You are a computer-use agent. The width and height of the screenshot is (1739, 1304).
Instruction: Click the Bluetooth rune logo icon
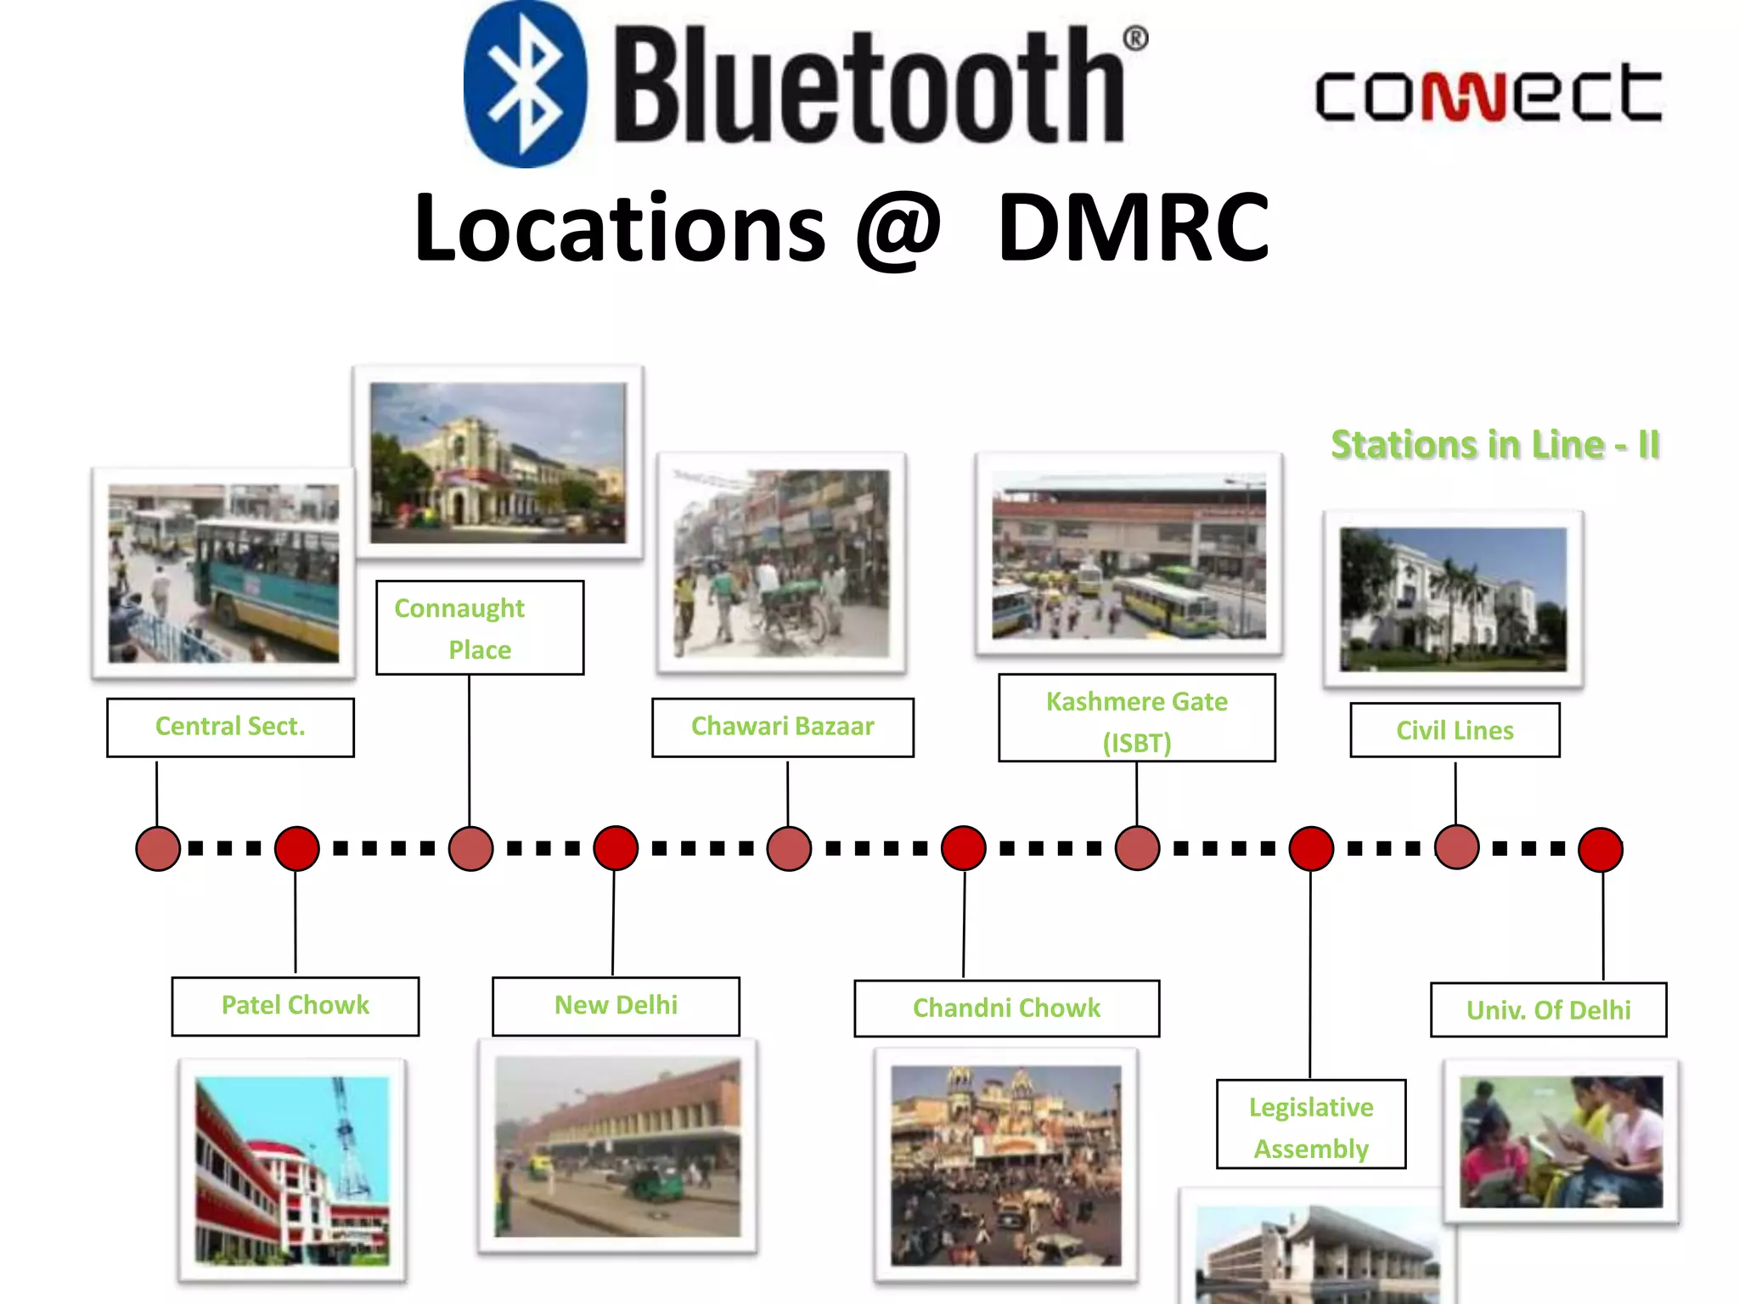[x=525, y=84]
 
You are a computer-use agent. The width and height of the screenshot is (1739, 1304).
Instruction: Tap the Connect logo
[x=1488, y=93]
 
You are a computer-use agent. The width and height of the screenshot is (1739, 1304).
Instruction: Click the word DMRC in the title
[x=1134, y=227]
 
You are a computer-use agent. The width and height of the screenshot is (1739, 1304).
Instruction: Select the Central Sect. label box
[x=230, y=727]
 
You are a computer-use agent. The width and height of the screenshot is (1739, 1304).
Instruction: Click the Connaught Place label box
[x=480, y=628]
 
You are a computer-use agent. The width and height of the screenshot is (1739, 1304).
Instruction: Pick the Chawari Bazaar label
[x=782, y=727]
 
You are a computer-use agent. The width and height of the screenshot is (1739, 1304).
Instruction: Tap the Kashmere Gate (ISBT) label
[x=1136, y=718]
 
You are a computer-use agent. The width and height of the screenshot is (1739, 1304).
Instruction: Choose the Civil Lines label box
[x=1455, y=730]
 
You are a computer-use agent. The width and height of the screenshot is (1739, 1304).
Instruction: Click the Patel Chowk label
[x=295, y=1006]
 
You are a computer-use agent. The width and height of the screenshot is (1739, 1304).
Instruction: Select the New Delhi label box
[x=616, y=1006]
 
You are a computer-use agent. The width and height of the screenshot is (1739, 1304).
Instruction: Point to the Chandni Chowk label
[x=1006, y=1009]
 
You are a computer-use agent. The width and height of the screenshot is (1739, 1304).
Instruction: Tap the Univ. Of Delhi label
[x=1548, y=1010]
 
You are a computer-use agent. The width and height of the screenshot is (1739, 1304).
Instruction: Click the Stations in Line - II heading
[x=1494, y=445]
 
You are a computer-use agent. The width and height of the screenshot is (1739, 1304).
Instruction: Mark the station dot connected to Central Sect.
[x=158, y=848]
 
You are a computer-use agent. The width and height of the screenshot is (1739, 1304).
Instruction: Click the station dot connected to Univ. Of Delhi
[x=1601, y=850]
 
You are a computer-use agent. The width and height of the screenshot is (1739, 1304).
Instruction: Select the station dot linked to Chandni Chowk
[x=964, y=848]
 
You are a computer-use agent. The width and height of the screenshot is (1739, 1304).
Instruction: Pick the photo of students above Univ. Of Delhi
[x=1561, y=1141]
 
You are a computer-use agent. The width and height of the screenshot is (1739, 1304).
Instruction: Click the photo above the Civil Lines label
[x=1453, y=599]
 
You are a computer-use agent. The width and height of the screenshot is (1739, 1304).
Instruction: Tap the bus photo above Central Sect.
[x=223, y=573]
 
